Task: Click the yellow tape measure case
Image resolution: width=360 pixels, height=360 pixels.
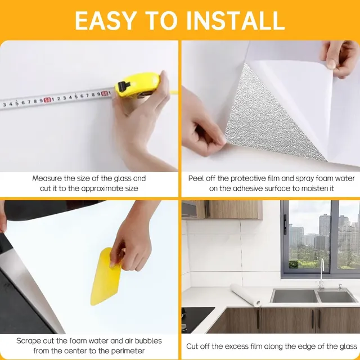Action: [138, 84]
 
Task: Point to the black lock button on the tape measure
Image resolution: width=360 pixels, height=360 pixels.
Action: [123, 86]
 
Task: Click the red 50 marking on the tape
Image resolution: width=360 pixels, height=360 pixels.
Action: [47, 100]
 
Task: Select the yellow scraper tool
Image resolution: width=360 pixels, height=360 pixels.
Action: [105, 276]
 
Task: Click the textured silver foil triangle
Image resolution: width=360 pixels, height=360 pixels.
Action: [271, 115]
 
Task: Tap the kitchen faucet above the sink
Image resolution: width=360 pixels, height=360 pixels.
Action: [322, 273]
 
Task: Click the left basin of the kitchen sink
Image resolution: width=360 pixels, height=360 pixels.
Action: [295, 296]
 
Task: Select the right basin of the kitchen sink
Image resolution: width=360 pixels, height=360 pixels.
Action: [336, 296]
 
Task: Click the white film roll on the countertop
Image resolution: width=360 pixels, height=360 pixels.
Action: [246, 295]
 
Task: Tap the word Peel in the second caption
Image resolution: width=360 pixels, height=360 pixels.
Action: [195, 178]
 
